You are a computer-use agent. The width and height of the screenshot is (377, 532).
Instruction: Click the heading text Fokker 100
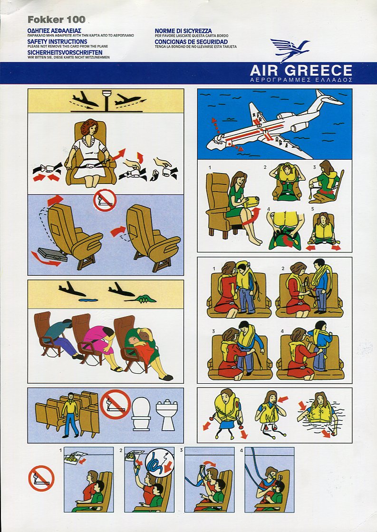pos(56,19)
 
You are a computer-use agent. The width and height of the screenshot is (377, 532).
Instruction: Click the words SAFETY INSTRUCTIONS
pos(58,41)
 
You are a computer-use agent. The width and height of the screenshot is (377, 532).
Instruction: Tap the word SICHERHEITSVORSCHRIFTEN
pos(65,53)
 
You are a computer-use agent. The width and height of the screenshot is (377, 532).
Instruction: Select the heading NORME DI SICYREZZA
pos(183,31)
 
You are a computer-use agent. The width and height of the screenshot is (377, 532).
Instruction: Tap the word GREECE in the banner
pos(318,70)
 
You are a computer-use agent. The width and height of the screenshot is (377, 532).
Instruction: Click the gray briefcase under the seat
pos(52,255)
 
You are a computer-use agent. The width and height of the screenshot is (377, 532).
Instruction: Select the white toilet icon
pos(141,414)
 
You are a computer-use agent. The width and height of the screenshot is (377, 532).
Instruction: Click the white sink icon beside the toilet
pos(166,415)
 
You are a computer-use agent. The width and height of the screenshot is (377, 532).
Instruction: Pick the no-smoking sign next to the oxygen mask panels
pos(41,478)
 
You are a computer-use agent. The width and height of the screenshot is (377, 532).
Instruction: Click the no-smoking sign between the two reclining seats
pos(105,200)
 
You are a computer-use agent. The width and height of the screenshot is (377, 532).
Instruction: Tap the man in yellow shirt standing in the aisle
pos(70,415)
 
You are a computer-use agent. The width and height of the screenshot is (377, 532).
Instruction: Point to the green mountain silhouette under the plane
pos(142,299)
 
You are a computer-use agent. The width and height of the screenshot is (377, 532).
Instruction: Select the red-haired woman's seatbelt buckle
pos(91,166)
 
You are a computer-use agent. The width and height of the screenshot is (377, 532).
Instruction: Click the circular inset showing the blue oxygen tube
pos(159,463)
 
